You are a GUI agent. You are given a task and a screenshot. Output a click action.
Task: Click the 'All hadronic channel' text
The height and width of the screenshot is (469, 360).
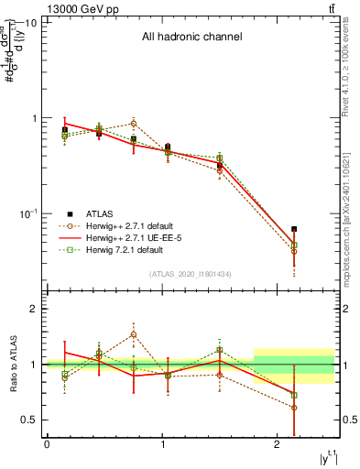tap(191, 38)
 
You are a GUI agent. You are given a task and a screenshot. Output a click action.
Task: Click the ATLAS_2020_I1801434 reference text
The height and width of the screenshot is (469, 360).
tap(189, 274)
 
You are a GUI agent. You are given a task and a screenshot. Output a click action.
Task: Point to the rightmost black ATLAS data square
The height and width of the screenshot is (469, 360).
tap(294, 229)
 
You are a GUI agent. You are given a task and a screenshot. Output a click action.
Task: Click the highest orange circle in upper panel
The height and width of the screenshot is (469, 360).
tap(134, 123)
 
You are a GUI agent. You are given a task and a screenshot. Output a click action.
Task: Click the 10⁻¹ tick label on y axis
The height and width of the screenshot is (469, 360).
tap(27, 213)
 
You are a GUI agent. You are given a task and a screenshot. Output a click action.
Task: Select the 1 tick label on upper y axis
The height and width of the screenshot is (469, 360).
tap(34, 118)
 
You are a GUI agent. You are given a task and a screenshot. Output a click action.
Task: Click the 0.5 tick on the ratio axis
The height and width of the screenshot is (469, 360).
tap(29, 420)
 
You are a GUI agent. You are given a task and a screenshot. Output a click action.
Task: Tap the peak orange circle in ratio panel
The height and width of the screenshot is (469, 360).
tap(134, 334)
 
